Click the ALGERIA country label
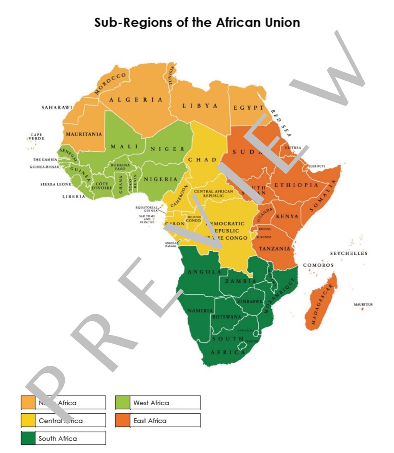[136, 100]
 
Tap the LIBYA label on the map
[200, 106]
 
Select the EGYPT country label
[248, 108]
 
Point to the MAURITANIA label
[84, 134]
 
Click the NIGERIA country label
[161, 179]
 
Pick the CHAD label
[202, 160]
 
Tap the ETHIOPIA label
[296, 185]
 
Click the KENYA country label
[287, 216]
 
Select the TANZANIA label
[274, 248]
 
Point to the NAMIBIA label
[200, 311]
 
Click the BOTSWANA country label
[227, 317]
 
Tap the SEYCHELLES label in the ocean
[349, 253]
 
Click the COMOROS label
[318, 265]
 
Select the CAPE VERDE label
[36, 137]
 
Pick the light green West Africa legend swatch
[122, 403]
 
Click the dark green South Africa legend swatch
[28, 438]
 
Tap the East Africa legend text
[150, 421]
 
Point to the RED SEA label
[281, 123]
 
